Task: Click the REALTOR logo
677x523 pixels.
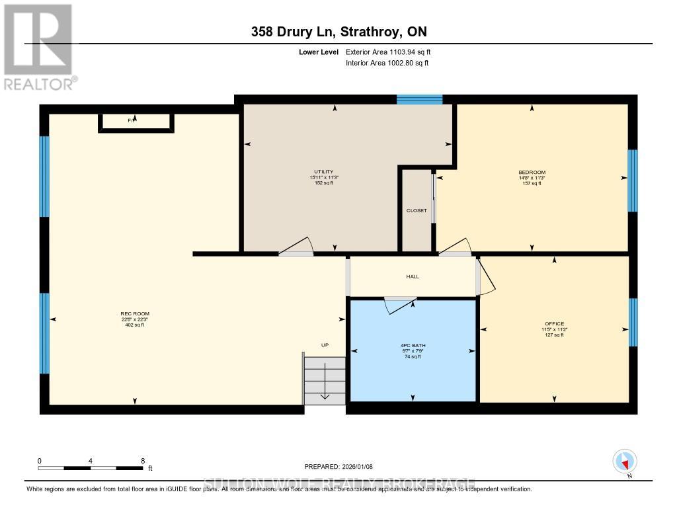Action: (38, 47)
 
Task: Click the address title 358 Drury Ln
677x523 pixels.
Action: (338, 32)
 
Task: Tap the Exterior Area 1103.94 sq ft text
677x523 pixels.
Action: (388, 52)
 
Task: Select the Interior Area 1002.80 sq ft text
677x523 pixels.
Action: (387, 63)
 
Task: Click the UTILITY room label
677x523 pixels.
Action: (323, 172)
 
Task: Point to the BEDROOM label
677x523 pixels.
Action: (532, 173)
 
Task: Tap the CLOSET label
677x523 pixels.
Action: (417, 211)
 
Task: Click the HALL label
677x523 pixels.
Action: (413, 277)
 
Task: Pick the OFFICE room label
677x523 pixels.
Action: (554, 324)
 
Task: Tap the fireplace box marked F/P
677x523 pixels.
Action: (136, 122)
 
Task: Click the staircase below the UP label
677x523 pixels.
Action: (325, 381)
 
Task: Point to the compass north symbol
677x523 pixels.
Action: (624, 461)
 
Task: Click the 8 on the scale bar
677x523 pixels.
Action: (142, 460)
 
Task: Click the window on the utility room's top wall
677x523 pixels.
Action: (419, 99)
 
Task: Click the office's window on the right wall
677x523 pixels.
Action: (633, 322)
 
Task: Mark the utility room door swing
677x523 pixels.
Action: (297, 246)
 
